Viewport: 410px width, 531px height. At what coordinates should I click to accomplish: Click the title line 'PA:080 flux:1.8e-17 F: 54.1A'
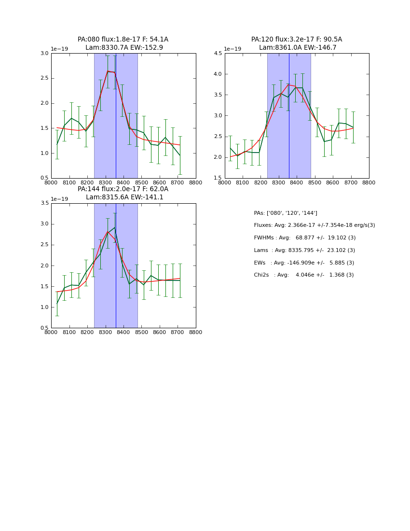(x=123, y=40)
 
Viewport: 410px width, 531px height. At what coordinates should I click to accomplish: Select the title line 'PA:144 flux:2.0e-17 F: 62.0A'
(x=123, y=189)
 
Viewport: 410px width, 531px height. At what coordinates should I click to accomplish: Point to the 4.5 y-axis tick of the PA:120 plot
(x=218, y=53)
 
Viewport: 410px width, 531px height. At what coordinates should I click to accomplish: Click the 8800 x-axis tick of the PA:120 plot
(x=369, y=183)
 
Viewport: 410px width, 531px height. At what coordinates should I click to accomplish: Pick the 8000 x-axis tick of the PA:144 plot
(x=51, y=333)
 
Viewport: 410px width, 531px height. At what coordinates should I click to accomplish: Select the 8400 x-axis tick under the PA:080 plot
(x=123, y=183)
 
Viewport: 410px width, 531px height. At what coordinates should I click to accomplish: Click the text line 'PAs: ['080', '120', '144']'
(x=286, y=213)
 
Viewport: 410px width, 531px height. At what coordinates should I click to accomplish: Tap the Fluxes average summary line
(x=314, y=225)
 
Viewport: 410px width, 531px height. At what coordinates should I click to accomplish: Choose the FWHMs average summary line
(x=304, y=238)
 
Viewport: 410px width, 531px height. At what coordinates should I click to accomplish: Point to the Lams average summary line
(x=304, y=251)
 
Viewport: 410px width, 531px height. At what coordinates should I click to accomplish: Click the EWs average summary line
(x=304, y=263)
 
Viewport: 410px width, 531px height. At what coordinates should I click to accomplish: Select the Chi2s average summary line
(x=303, y=275)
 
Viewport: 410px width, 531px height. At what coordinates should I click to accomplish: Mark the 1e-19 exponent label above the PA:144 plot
(x=60, y=199)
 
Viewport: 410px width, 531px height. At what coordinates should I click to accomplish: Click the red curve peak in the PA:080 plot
(x=108, y=71)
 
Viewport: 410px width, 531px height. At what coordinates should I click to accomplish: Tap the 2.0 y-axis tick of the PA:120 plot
(x=218, y=157)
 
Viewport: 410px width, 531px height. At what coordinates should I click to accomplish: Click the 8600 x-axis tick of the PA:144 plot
(x=160, y=333)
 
